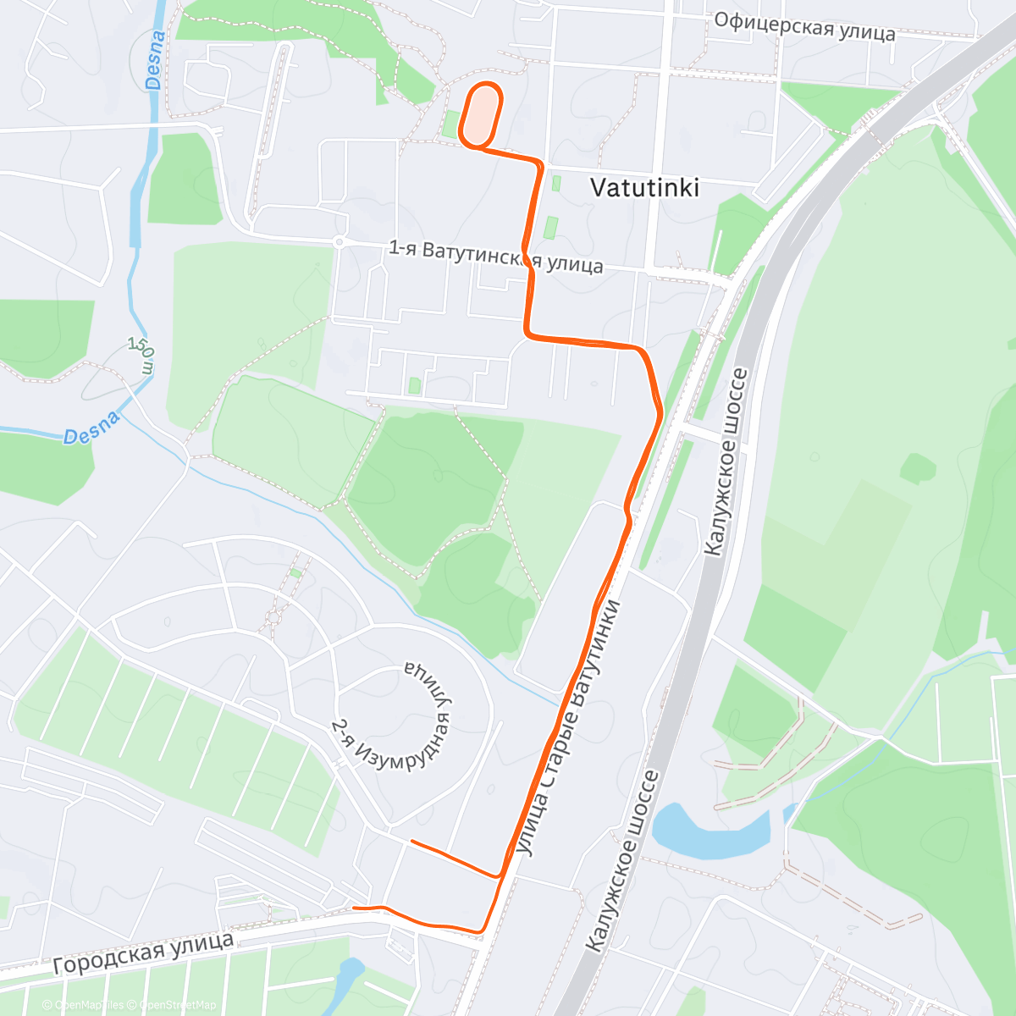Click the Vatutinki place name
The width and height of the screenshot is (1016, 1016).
[x=644, y=187]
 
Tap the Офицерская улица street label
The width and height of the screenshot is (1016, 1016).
[x=804, y=26]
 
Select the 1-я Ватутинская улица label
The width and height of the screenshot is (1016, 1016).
[x=495, y=257]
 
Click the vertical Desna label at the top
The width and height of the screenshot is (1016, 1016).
[x=154, y=60]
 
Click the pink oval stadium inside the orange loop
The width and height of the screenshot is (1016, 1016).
[x=481, y=113]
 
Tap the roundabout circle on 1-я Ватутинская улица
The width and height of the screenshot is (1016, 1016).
[x=339, y=242]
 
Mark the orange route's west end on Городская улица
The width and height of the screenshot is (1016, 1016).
[x=353, y=908]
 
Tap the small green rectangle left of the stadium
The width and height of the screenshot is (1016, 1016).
[x=449, y=124]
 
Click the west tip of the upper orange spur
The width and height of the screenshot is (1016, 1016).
[x=411, y=842]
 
